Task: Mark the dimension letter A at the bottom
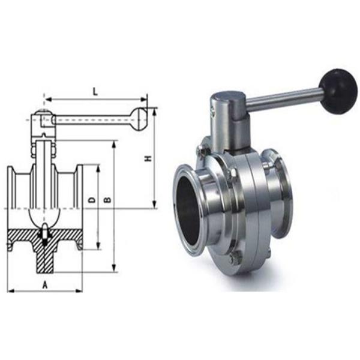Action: coord(45,284)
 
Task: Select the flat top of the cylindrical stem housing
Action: coord(227,96)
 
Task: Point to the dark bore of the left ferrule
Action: coord(187,207)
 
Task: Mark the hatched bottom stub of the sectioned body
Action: coord(45,258)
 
